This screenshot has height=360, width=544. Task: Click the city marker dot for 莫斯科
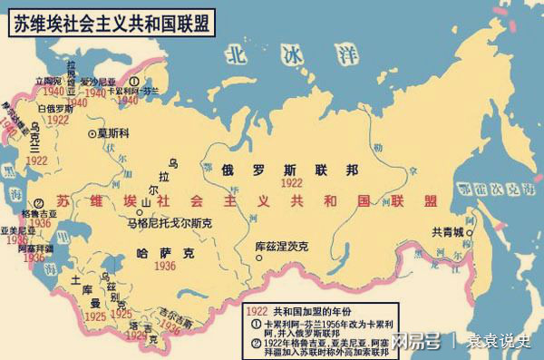(93, 132)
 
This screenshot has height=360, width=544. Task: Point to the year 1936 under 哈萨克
(164, 266)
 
